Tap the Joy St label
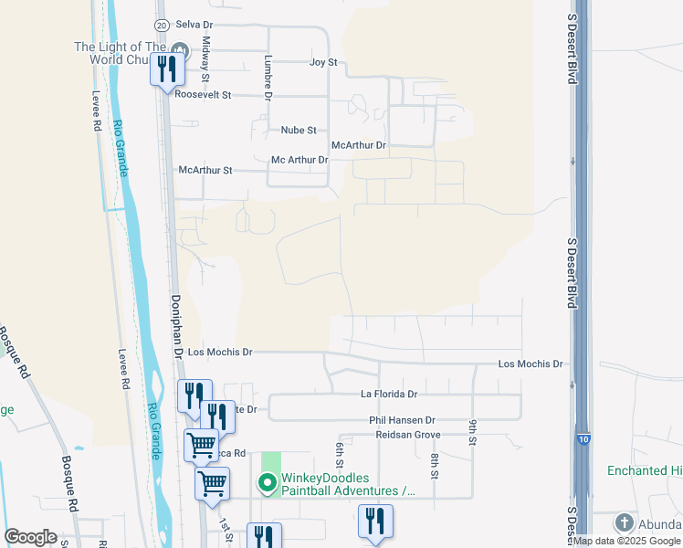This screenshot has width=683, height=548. tap(323, 62)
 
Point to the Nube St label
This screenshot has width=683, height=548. tap(298, 131)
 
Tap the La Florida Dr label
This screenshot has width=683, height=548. tap(388, 395)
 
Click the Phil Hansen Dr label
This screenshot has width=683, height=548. tap(403, 420)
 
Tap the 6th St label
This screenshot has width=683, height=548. tap(339, 453)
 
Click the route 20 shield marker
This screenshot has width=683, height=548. tap(162, 26)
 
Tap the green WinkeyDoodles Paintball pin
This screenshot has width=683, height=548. tap(268, 483)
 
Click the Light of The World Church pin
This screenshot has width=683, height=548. tap(179, 49)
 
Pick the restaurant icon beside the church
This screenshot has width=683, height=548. tap(167, 68)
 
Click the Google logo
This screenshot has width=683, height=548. tap(30, 536)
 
